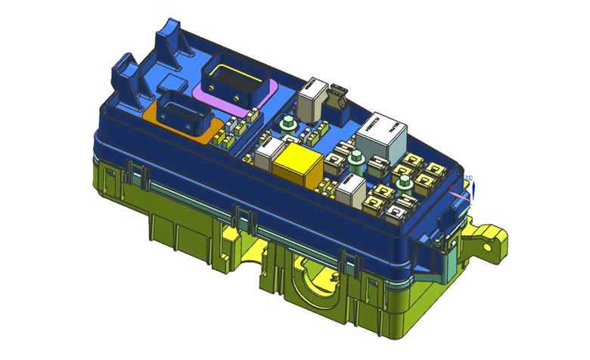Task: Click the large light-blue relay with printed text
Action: pyautogui.click(x=386, y=135)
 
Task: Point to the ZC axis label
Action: pyautogui.click(x=469, y=178)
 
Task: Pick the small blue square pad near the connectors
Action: pyautogui.click(x=172, y=82)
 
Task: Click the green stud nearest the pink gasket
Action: pyautogui.click(x=287, y=125)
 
